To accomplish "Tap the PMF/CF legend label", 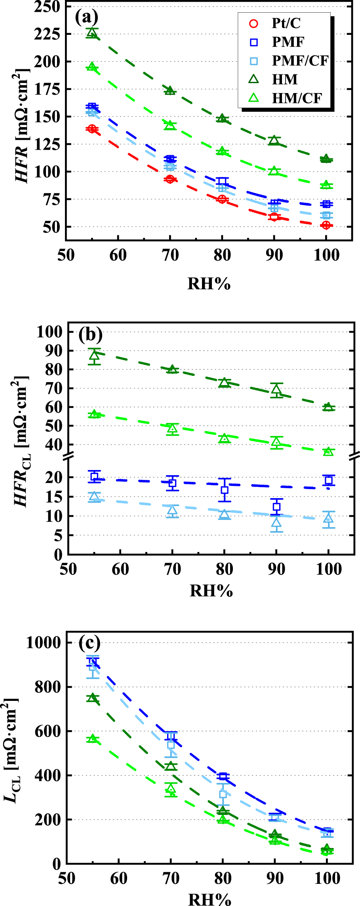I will [x=300, y=61].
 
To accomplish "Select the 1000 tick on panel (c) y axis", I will [x=44, y=642].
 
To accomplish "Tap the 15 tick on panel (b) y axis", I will [x=54, y=497].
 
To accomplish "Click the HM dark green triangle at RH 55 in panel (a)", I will [x=92, y=33].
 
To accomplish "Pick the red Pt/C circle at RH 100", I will [x=326, y=225].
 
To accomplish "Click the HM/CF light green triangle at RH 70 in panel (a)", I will [x=170, y=125].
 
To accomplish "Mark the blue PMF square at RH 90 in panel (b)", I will [x=276, y=506].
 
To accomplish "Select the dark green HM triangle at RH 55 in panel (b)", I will [x=94, y=356].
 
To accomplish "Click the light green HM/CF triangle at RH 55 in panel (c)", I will [x=93, y=738].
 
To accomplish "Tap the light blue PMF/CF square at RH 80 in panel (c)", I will [x=223, y=794].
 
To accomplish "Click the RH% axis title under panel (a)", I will [x=209, y=284].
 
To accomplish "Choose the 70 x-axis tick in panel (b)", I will [x=172, y=569].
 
